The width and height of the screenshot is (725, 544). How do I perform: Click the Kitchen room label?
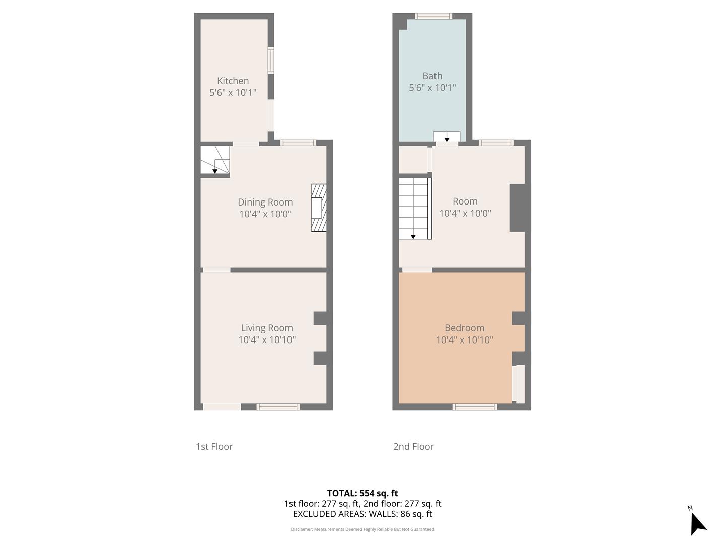pos(233,81)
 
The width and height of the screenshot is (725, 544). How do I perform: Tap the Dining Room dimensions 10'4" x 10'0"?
pos(265,214)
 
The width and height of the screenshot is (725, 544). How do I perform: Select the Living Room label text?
pos(266,328)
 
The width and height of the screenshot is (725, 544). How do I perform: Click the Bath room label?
pos(432,76)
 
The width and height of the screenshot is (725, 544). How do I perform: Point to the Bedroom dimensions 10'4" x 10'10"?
pos(464,340)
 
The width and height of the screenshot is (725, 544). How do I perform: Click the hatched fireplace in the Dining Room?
pos(319,208)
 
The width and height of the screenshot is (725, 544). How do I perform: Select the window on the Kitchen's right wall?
pos(271,60)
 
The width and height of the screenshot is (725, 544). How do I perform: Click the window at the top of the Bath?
pos(433,16)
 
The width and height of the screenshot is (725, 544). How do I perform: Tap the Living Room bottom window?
pos(278,406)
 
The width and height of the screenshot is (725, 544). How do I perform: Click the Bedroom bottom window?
pos(474,406)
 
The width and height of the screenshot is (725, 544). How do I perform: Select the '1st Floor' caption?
pos(214,446)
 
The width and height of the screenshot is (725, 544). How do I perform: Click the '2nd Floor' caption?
pos(413,446)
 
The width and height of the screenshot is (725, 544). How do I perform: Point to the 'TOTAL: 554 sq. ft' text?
pos(362,493)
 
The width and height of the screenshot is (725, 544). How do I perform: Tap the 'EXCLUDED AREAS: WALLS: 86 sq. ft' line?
pos(362,514)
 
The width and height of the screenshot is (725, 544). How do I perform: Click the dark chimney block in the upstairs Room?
pos(517,208)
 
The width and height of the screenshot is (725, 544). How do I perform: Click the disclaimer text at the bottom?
pos(362,529)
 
